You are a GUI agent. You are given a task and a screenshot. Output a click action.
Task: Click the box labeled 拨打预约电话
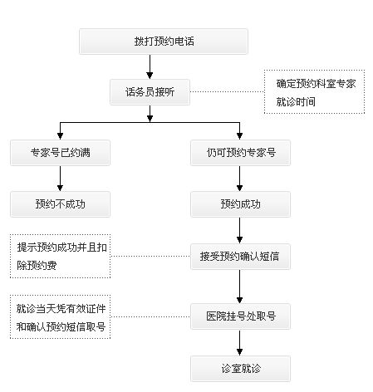pyautogui.click(x=164, y=42)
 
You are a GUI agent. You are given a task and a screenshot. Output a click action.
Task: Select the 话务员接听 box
pyautogui.click(x=150, y=92)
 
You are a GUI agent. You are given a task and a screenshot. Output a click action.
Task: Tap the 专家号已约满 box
pyautogui.click(x=60, y=153)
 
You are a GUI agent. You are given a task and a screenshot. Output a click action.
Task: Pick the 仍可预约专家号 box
pyautogui.click(x=240, y=153)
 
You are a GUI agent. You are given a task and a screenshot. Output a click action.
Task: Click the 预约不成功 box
pyautogui.click(x=60, y=204)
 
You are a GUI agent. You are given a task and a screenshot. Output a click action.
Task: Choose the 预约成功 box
pyautogui.click(x=240, y=204)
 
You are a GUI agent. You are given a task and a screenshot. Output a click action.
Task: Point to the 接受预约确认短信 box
pyautogui.click(x=240, y=257)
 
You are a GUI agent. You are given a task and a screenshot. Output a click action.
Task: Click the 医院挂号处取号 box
pyautogui.click(x=240, y=316)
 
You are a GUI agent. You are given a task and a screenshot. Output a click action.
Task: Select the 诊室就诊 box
pyautogui.click(x=240, y=369)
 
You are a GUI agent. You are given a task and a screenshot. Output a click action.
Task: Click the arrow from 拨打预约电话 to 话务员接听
pyautogui.click(x=150, y=66)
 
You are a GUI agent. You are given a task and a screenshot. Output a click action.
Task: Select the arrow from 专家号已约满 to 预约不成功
pyautogui.click(x=60, y=179)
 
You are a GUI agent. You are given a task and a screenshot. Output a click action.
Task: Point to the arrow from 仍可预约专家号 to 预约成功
pyautogui.click(x=240, y=179)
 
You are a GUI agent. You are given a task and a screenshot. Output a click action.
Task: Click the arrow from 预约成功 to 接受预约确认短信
pyautogui.click(x=240, y=230)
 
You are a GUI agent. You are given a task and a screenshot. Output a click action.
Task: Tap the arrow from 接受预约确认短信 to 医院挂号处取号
pyautogui.click(x=240, y=287)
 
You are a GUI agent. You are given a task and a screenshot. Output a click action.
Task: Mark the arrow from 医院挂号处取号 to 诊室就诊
pyautogui.click(x=240, y=343)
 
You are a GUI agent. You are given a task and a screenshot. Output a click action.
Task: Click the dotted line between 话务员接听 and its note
pyautogui.click(x=227, y=91)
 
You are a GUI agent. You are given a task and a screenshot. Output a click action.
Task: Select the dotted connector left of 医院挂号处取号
pyautogui.click(x=150, y=316)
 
